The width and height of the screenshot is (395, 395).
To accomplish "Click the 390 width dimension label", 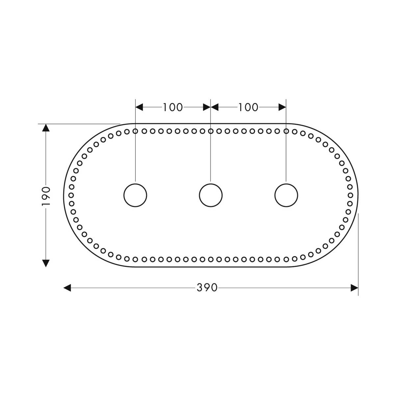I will [x=207, y=288].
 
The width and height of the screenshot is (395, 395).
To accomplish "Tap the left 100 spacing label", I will [x=172, y=107].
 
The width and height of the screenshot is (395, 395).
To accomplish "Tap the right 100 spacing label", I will [x=248, y=107].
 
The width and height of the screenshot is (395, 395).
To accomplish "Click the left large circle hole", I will [x=135, y=195].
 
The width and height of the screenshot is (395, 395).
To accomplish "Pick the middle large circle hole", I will [x=211, y=195].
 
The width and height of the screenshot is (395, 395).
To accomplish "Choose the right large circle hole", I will [x=286, y=195].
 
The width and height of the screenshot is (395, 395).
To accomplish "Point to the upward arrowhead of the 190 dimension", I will [x=46, y=128].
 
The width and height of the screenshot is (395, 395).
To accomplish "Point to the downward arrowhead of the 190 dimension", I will [x=46, y=263].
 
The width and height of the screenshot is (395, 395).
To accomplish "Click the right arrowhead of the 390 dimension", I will [x=354, y=288].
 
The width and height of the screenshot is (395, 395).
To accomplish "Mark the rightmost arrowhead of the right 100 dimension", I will [x=282, y=107].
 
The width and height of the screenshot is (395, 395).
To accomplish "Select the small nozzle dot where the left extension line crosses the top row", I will [x=135, y=131].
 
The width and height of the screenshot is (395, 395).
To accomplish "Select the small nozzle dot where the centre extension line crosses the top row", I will [x=211, y=131].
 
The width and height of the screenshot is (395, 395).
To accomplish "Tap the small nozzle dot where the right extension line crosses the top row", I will [x=286, y=131].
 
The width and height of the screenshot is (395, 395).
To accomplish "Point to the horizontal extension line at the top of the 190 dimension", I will [x=79, y=124].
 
